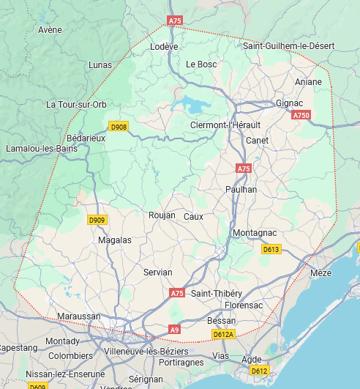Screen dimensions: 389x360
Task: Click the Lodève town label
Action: coord(164,46)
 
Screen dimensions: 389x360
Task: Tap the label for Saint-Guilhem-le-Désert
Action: coord(289,46)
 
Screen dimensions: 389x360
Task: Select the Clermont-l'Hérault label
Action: coord(225,125)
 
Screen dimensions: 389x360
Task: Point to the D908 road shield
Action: coord(119,127)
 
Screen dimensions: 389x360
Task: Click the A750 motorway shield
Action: coord(301,115)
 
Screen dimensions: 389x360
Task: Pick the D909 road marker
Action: coord(97,220)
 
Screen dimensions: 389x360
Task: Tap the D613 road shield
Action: coord(271,249)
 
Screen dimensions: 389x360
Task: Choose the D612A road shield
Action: coord(222,334)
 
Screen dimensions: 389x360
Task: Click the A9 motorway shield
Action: coord(174,330)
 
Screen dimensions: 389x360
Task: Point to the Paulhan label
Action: coord(241,189)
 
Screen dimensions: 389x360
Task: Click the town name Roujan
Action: coord(162,215)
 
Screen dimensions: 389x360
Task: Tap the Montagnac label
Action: coord(254,233)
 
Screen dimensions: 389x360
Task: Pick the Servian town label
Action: coord(158,272)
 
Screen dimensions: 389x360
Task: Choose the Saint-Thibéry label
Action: coord(217,294)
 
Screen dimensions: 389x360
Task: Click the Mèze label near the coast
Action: coord(321,273)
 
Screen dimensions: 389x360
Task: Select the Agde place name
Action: coord(251,359)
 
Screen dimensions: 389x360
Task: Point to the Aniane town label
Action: coord(308,82)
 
